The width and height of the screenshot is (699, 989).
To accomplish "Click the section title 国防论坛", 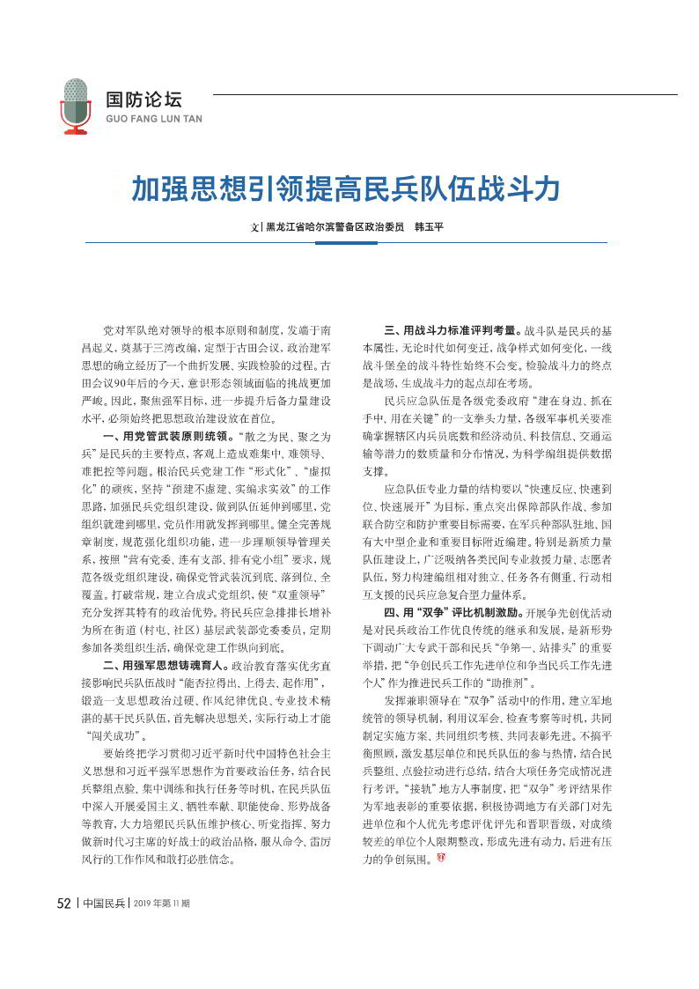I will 143,100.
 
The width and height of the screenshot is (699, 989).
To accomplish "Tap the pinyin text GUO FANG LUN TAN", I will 153,119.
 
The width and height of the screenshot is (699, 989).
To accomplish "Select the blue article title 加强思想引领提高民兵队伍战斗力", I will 346,188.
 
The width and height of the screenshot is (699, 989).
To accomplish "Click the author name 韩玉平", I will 429,226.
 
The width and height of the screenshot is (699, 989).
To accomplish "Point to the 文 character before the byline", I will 254,227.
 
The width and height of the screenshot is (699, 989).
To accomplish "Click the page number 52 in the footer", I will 63,927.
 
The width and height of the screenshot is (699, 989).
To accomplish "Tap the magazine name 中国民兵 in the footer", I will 103,927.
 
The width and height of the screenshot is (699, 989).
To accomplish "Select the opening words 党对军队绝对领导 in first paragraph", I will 145,331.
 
